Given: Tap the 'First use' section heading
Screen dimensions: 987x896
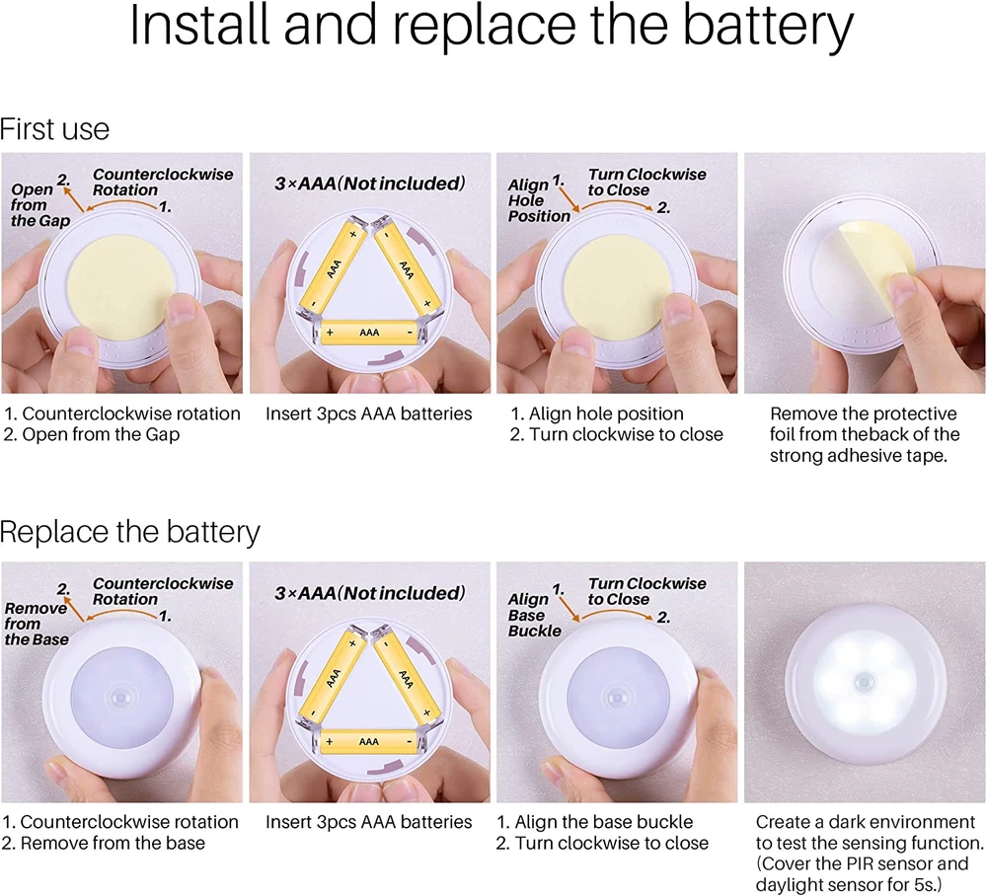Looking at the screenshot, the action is pos(54,129).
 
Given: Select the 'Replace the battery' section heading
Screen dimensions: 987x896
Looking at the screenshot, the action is pos(129,532).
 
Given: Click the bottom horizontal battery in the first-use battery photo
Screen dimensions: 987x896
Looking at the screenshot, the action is pos(369,333).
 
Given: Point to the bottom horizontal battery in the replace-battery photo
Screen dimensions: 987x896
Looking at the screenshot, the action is pos(369,741).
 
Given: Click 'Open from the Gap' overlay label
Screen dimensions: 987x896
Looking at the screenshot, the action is pos(39,204).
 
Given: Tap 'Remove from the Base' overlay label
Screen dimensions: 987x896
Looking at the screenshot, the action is pos(36,624).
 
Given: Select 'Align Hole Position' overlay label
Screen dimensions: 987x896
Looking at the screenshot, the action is pos(538,200).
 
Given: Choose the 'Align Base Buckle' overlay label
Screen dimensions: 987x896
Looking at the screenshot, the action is pos(534,615).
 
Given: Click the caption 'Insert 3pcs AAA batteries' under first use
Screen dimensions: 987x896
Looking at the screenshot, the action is pos(368,414).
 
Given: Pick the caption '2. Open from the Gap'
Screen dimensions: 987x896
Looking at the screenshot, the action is pos(92,435).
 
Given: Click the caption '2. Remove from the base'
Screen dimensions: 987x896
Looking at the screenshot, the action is pos(104,843).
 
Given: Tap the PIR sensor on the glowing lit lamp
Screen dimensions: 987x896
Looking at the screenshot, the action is pos(865,681).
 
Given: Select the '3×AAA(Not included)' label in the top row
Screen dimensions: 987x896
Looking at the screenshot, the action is pos(370,184).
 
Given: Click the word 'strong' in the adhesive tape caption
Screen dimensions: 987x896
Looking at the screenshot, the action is pos(796,456).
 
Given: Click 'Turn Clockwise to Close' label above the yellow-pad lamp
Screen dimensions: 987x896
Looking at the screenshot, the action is pos(647,182).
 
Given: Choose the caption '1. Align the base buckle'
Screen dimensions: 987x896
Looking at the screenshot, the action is pos(595,822).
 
